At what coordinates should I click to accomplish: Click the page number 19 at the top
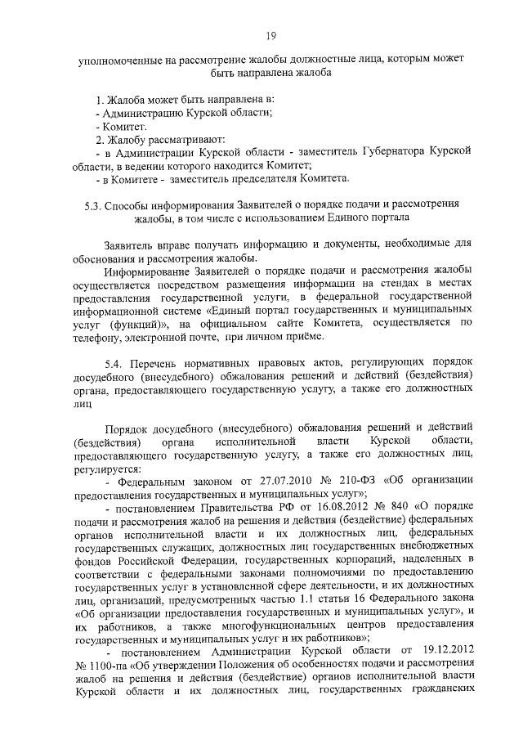pos(272,35)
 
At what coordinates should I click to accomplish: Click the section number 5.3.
pos(92,204)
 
